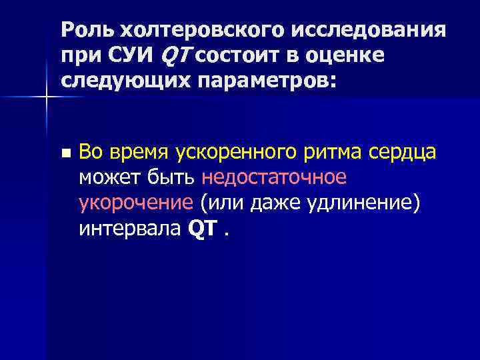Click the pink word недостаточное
[274, 177]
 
